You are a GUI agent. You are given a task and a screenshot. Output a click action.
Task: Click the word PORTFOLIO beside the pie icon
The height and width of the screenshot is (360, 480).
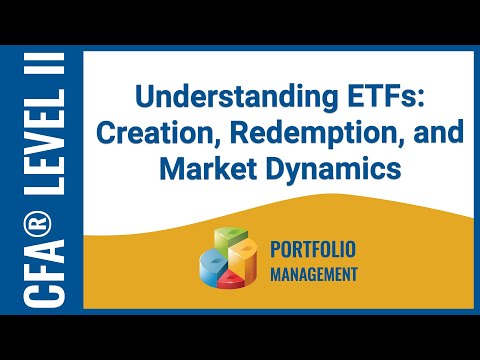click(x=313, y=248)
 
